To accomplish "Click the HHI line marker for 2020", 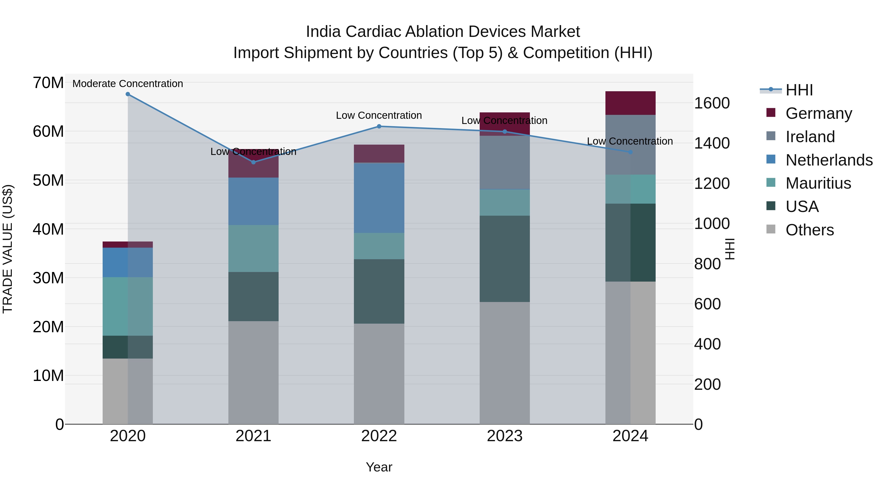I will click(x=127, y=94).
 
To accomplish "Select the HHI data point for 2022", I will click(x=379, y=126).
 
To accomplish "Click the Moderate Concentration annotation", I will click(x=127, y=84).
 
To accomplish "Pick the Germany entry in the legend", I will click(x=819, y=113).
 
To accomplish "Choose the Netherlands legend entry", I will click(x=829, y=160).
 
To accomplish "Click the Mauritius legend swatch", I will click(x=771, y=182).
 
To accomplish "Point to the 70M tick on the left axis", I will click(x=48, y=83).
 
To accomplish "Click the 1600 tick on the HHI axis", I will click(x=712, y=103).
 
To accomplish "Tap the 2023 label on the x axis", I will click(x=505, y=436).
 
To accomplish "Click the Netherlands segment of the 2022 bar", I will click(x=379, y=198).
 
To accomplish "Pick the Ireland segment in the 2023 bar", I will click(x=505, y=163).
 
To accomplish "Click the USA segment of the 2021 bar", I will click(x=253, y=296).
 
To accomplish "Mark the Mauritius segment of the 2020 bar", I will click(x=127, y=306).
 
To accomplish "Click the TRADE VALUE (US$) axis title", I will click(x=8, y=249).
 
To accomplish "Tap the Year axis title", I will click(x=379, y=467).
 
